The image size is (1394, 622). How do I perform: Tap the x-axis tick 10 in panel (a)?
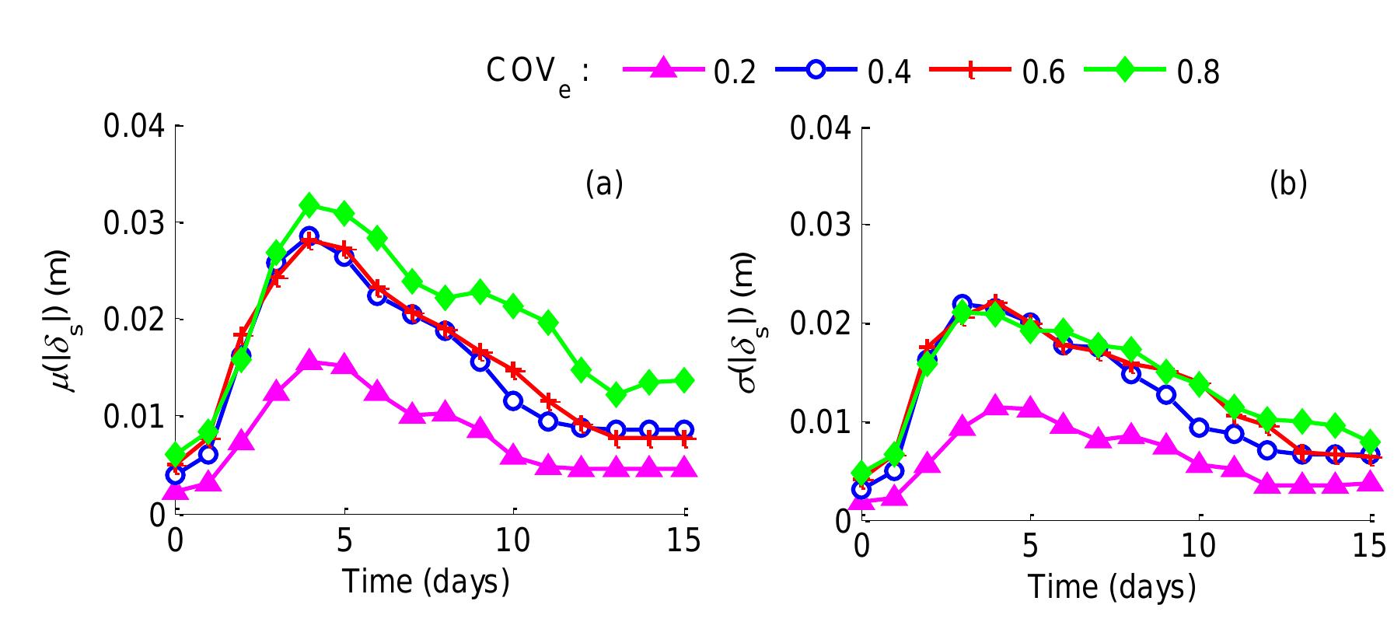513,540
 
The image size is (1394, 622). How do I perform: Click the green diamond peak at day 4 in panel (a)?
309,206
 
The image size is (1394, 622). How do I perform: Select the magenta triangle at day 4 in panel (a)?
309,361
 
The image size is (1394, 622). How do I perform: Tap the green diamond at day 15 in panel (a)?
684,379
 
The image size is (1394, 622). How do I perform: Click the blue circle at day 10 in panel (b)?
1199,427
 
